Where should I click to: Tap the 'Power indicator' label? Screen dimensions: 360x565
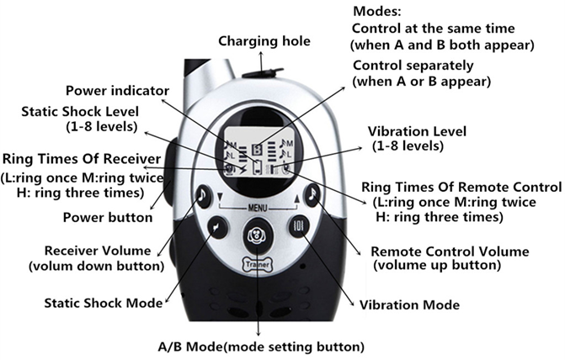pyautogui.click(x=129, y=91)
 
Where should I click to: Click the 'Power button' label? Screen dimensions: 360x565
pyautogui.click(x=108, y=217)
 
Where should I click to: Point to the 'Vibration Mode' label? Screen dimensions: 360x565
pyautogui.click(x=409, y=304)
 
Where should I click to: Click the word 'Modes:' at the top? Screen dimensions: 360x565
pyautogui.click(x=376, y=13)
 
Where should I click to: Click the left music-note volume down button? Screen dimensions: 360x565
pyautogui.click(x=203, y=196)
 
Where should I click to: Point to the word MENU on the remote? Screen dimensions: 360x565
pyautogui.click(x=256, y=206)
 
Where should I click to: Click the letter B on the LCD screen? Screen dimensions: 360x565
pyautogui.click(x=257, y=145)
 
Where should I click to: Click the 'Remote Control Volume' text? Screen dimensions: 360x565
pyautogui.click(x=450, y=251)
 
